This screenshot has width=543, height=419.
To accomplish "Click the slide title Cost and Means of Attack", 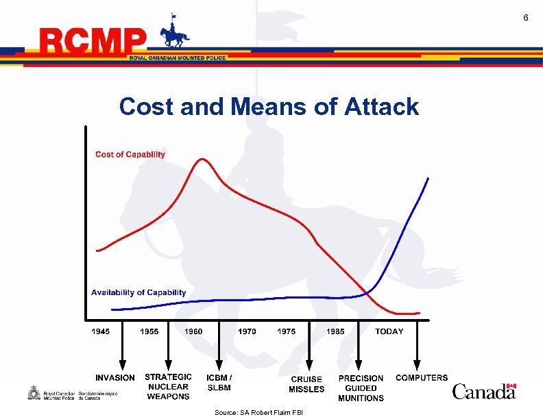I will (x=269, y=107).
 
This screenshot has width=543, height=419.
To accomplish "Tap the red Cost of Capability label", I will (x=130, y=155).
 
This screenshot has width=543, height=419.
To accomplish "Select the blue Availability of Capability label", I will (x=138, y=292).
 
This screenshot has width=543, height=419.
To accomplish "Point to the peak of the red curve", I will (x=202, y=160).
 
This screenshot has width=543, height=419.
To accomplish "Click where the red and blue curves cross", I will (x=367, y=293).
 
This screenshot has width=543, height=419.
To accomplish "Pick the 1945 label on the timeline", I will (x=100, y=331).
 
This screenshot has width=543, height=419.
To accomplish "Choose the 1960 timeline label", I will (x=194, y=331).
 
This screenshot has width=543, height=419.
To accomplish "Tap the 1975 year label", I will (x=287, y=331).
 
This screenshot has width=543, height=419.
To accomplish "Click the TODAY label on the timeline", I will (x=389, y=331).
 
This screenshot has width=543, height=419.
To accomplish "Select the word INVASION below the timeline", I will (x=115, y=378).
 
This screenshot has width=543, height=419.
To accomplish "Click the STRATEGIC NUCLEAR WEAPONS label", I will (x=168, y=387).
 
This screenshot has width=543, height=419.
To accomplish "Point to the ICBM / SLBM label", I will (x=219, y=383).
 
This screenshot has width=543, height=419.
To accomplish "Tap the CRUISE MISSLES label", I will (x=306, y=384).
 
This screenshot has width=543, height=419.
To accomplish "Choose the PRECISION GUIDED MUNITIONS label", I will (x=361, y=388).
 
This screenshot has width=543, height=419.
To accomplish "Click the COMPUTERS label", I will (x=422, y=377).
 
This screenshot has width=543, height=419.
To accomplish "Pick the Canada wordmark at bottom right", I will (x=484, y=392).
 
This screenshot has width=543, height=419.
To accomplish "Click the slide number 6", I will (x=526, y=17).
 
